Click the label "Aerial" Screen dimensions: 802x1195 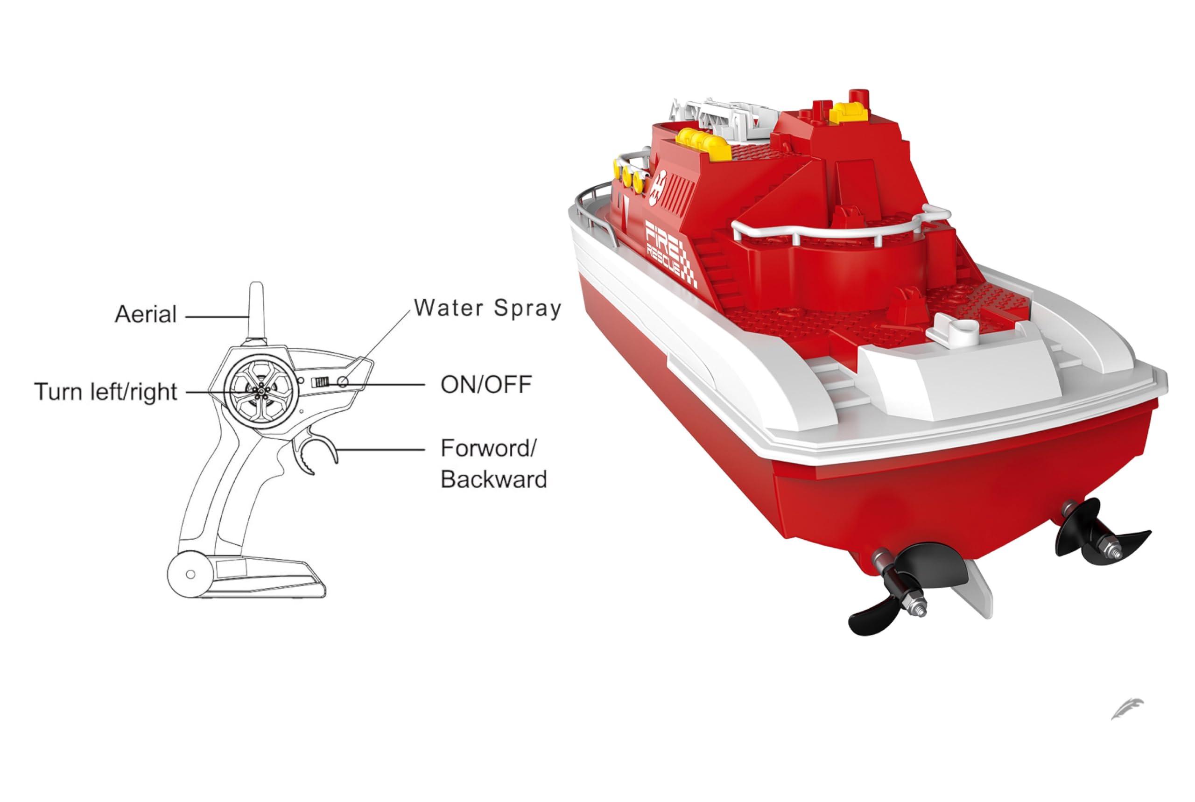146,314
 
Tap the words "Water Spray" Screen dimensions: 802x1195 488,308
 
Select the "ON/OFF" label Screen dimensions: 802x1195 486,385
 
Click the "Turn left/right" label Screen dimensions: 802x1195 106,392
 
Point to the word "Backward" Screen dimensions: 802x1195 493,479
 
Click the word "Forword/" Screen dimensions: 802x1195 488,448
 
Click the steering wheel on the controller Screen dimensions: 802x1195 261,391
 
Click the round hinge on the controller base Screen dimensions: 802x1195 190,574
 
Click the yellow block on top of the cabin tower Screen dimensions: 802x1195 849,113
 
